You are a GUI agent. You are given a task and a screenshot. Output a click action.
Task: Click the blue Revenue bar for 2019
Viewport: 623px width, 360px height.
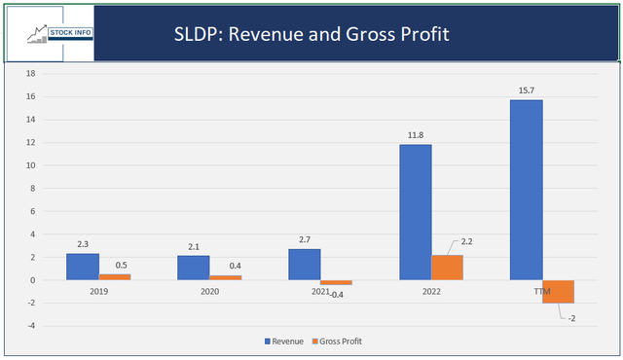[x=83, y=267]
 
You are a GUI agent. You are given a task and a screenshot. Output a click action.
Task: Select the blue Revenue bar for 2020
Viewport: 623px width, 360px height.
[x=193, y=268]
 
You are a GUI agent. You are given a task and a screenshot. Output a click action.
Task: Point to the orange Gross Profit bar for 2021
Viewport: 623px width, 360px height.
[x=336, y=282]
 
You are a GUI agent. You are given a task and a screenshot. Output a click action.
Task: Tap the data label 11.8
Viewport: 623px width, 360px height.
[x=417, y=135]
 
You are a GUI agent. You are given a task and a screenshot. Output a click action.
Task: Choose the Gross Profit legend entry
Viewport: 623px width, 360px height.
[x=337, y=341]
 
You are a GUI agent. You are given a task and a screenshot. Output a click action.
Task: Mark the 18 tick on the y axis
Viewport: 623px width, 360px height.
[x=31, y=74]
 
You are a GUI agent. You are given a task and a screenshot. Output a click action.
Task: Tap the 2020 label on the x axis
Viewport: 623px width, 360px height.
[x=208, y=290]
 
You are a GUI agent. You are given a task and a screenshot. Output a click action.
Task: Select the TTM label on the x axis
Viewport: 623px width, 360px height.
[x=542, y=290]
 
